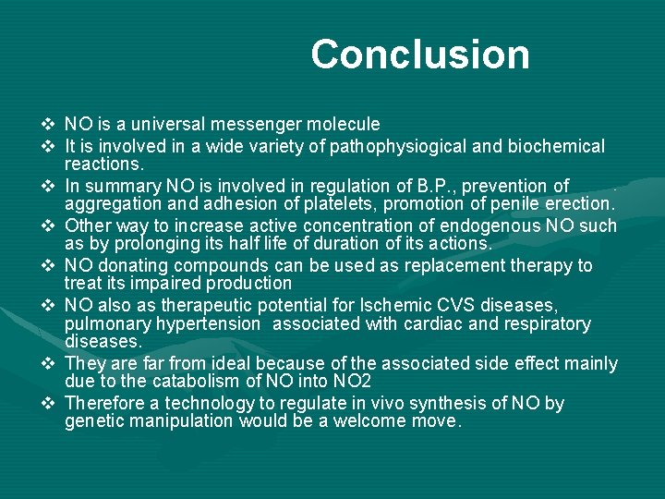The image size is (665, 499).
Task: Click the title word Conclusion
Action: [420, 55]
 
